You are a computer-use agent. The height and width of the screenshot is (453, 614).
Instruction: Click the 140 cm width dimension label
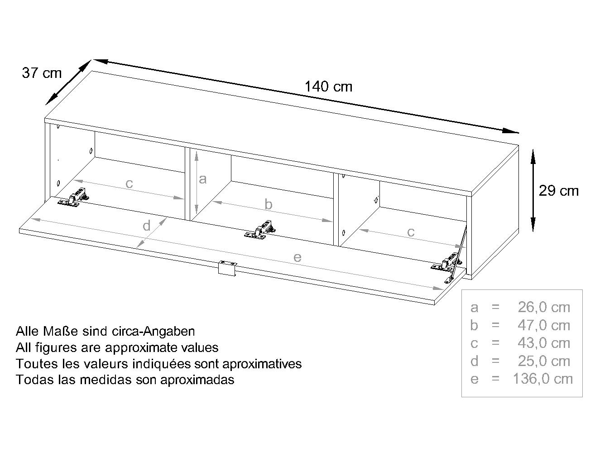point(328,87)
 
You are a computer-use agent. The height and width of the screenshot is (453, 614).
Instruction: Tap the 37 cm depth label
point(42,73)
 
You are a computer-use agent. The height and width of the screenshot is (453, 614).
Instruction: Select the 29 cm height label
point(559,191)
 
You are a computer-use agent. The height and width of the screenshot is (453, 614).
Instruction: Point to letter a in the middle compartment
point(202,179)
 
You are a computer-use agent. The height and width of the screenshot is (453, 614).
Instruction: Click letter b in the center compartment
point(269,204)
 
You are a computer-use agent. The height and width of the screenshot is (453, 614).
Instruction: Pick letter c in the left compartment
point(129,183)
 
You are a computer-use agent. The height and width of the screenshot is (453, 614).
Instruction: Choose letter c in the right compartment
point(411,232)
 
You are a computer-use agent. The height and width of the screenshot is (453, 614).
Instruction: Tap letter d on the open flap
point(147,226)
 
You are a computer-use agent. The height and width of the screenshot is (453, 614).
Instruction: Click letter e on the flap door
point(297,257)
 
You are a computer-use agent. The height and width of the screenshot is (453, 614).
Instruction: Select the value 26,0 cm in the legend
point(544,307)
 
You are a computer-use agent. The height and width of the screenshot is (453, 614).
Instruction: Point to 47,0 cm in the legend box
point(544,325)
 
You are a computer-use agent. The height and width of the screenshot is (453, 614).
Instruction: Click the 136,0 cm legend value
point(543,379)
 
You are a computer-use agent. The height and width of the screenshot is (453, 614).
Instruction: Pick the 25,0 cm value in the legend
point(544,361)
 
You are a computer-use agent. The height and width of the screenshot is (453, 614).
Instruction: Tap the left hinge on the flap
point(73,197)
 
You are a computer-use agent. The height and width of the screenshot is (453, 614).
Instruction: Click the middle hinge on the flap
point(259,230)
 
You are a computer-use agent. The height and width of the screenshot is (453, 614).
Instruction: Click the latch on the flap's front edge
point(227,268)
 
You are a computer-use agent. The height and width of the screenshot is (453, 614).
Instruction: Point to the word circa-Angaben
point(153,332)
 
